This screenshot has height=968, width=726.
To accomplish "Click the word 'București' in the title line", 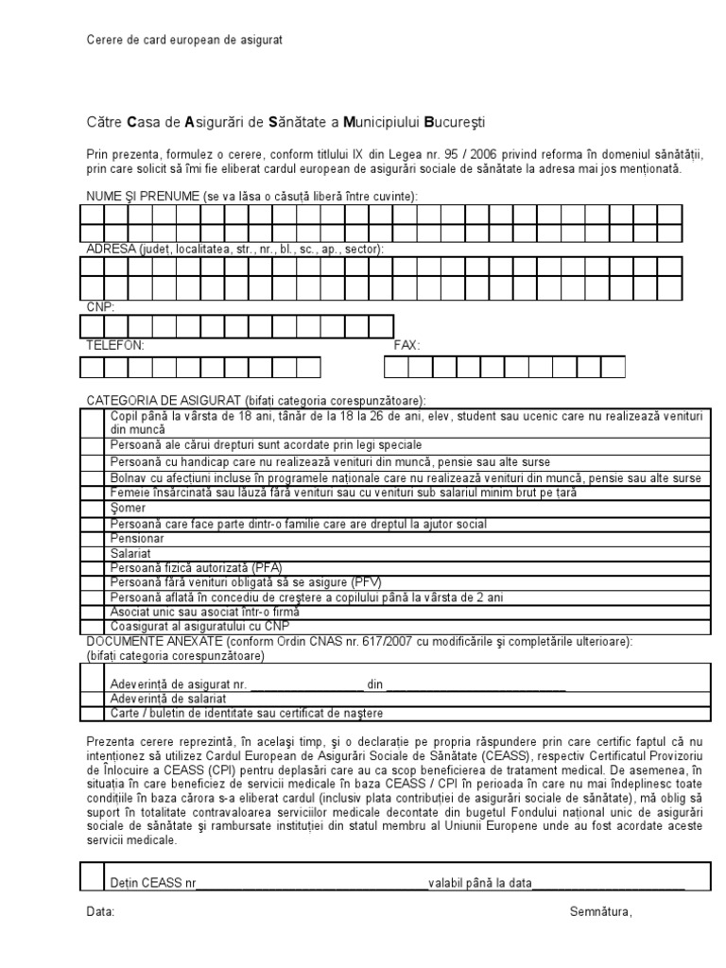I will click(458, 122).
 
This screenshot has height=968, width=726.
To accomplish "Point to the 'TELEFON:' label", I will click(115, 346).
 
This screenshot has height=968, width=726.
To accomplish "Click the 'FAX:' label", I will click(406, 346).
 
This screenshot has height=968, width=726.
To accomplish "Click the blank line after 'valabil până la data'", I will click(609, 884).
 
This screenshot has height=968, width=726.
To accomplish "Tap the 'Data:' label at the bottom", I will click(100, 912).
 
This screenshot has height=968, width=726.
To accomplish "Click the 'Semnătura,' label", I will click(600, 912).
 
